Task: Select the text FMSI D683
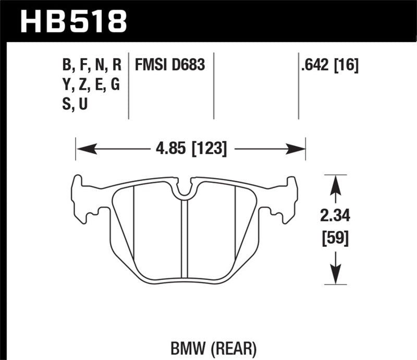[170, 65]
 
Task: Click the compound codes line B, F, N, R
[91, 65]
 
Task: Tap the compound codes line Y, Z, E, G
[91, 85]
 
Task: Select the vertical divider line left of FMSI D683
[129, 86]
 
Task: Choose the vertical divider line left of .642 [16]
[298, 86]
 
